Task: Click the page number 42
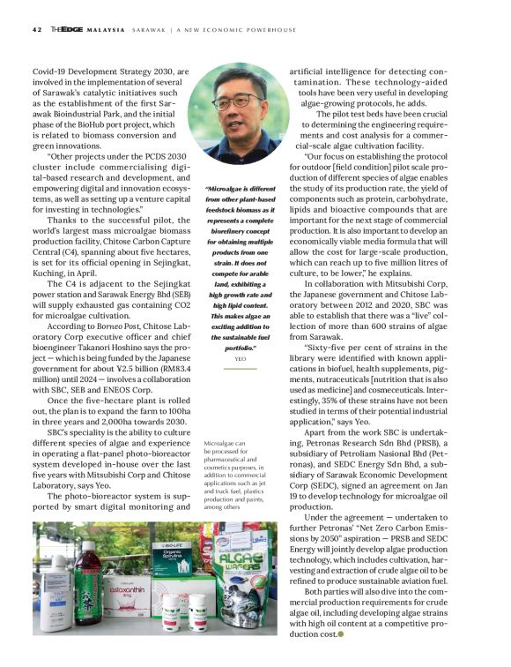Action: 36,29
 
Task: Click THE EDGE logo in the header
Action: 68,29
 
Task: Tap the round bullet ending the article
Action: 341,657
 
